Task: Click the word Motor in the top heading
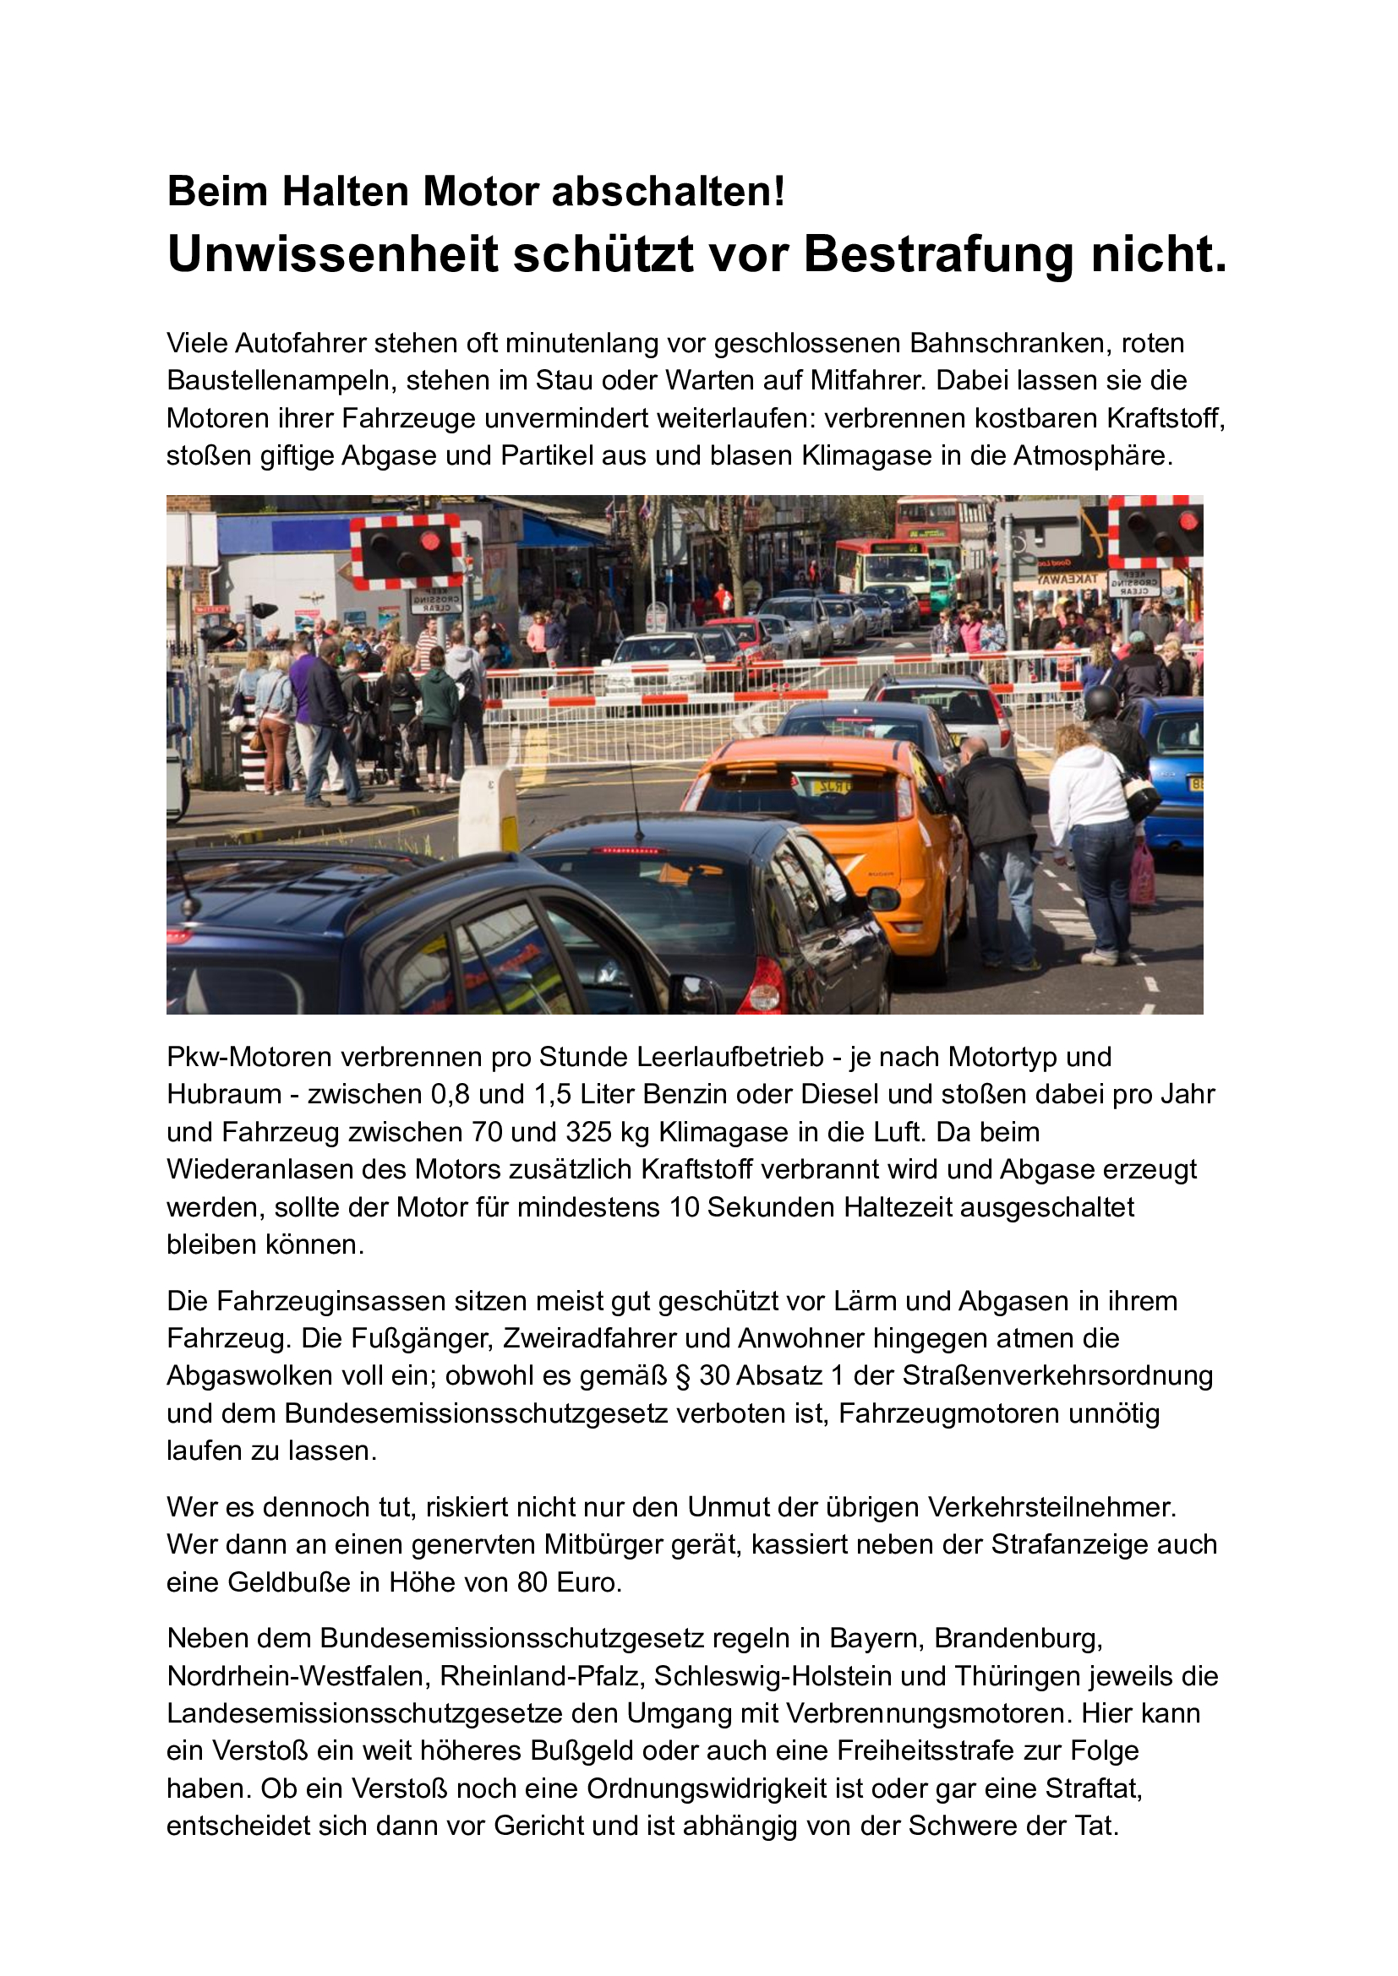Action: pos(480,191)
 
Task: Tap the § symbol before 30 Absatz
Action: pos(683,1375)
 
